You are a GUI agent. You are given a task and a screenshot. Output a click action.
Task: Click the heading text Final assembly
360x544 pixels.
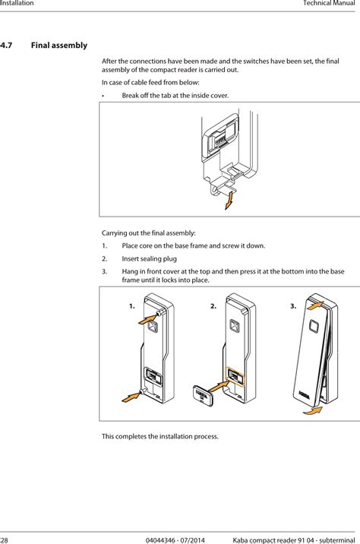58,46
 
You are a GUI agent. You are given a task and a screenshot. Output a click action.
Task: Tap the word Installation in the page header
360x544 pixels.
17,5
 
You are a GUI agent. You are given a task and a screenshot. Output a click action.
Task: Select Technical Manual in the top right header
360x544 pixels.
330,5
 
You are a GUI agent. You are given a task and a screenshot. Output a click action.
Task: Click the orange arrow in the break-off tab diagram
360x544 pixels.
229,200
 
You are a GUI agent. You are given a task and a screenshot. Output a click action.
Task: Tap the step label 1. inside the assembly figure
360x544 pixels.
132,306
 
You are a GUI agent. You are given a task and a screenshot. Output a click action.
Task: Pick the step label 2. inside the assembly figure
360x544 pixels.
213,306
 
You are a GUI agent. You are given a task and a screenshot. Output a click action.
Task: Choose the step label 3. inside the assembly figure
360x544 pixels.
294,306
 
